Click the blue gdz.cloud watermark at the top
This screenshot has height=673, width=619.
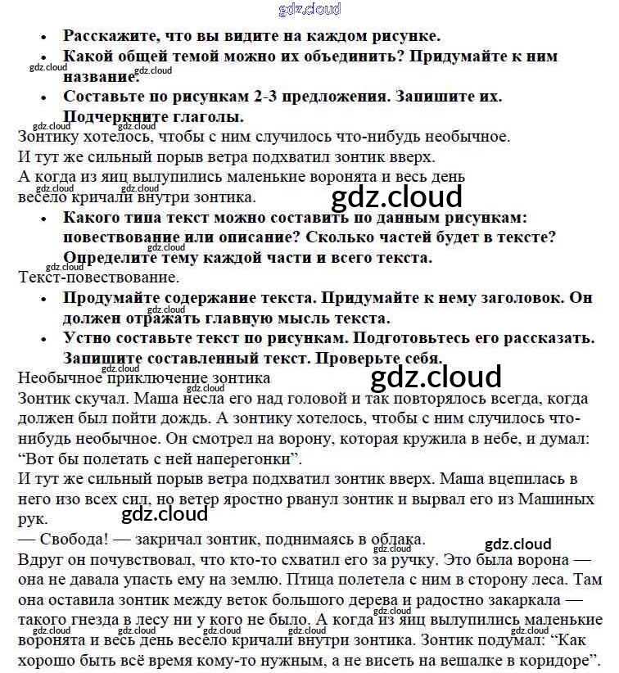pos(309,9)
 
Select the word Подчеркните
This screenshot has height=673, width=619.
pos(116,117)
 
